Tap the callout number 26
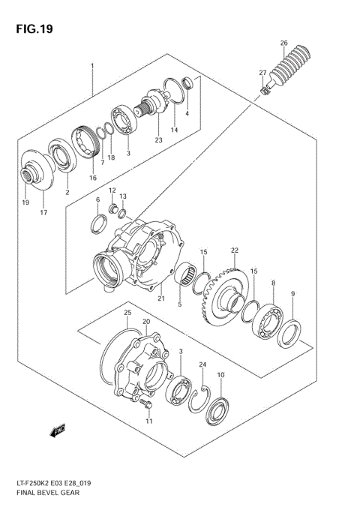coord(284,42)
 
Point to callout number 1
coord(92,66)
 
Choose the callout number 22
coord(234,250)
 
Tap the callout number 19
coord(25,202)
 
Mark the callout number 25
coord(127,312)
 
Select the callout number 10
coord(220,375)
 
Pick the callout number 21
coord(160,298)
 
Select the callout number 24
coord(202,364)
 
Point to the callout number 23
coord(158,140)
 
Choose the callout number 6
coord(97,199)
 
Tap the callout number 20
coord(147,322)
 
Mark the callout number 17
coord(43,213)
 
